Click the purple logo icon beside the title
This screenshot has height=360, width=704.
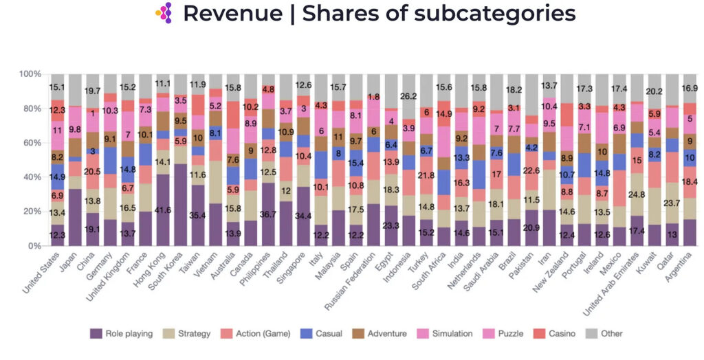(164, 12)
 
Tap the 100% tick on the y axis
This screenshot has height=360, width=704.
(30, 74)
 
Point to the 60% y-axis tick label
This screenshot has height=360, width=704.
(32, 143)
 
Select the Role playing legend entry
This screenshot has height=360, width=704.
(120, 334)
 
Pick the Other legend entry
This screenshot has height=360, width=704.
(606, 334)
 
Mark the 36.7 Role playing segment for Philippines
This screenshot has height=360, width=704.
(269, 213)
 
